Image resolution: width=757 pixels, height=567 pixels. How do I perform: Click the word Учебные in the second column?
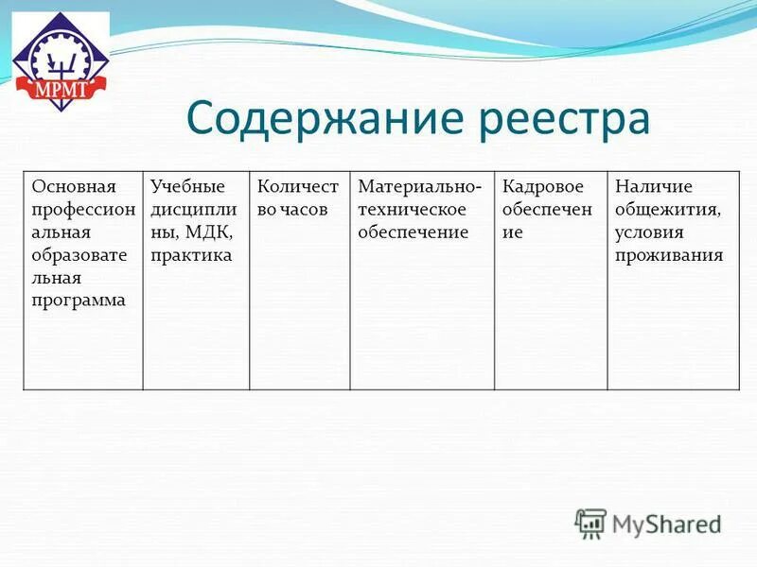point(186,186)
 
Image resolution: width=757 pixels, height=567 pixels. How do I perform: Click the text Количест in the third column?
point(297,186)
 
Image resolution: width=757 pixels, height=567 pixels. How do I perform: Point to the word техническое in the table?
point(413,210)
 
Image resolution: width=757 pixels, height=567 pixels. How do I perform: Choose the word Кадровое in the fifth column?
point(542,186)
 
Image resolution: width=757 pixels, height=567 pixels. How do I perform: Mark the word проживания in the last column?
point(668,255)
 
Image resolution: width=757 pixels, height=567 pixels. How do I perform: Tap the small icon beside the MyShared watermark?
point(590,523)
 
